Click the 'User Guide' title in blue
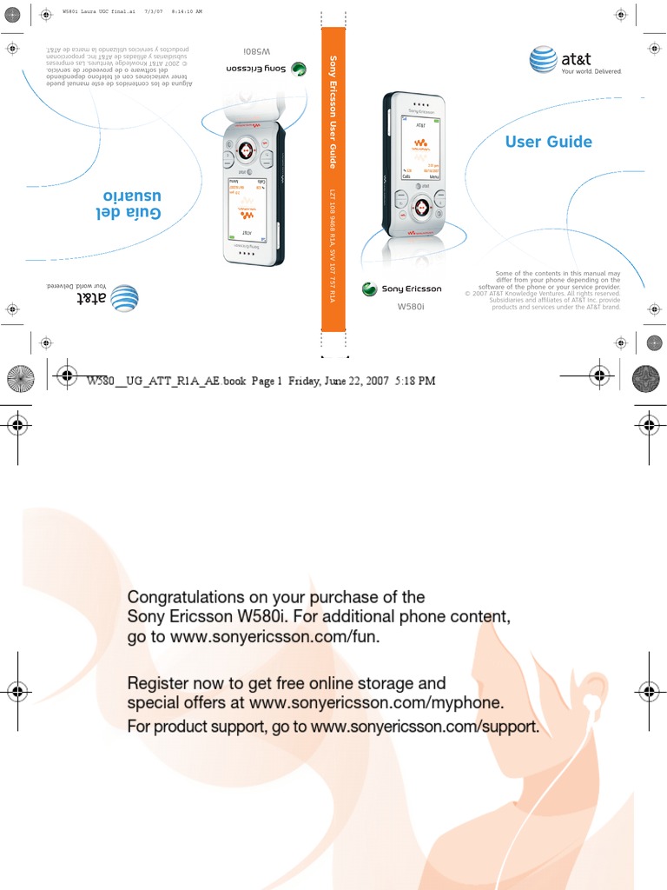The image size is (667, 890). tap(548, 142)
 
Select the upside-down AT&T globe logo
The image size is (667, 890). tap(124, 296)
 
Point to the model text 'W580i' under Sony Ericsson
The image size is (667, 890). tap(410, 307)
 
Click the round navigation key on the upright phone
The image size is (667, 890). tap(421, 207)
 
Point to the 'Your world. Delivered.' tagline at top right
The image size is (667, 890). tap(591, 71)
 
